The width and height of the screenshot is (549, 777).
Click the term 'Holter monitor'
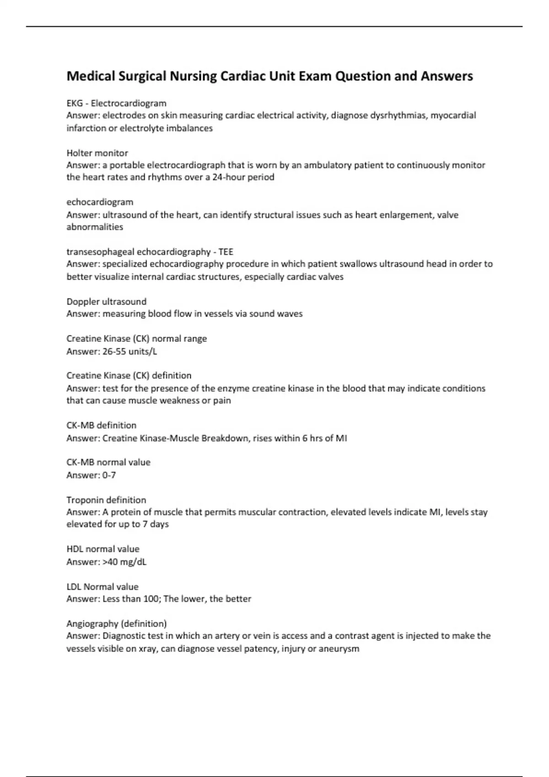(x=97, y=153)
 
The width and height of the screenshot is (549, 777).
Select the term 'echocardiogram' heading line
(x=100, y=202)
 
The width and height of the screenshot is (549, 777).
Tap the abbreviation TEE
(x=226, y=251)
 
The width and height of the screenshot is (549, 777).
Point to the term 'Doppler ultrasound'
(x=106, y=302)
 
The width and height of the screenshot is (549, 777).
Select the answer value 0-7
(x=109, y=475)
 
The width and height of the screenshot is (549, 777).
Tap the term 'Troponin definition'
(x=106, y=500)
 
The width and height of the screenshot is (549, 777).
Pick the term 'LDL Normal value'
(x=102, y=586)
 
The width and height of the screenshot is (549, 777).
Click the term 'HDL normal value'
(x=102, y=549)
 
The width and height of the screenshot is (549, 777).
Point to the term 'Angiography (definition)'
(x=116, y=623)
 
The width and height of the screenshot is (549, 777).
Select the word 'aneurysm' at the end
(x=338, y=649)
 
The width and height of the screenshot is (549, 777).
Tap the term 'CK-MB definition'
(x=101, y=425)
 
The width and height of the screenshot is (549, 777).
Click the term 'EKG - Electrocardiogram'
(x=116, y=103)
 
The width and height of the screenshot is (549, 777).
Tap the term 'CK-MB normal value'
(x=108, y=462)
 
